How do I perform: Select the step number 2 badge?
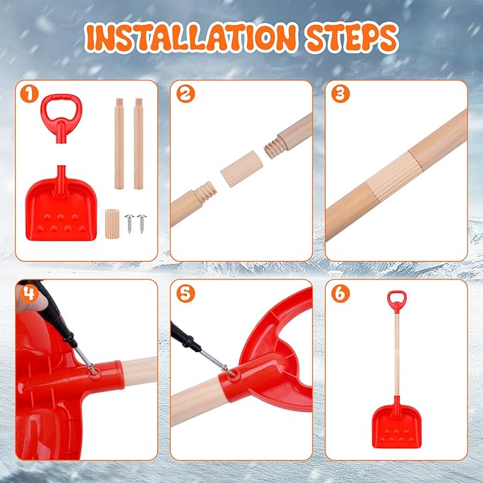coord(185,92)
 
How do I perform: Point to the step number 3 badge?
coord(340,92)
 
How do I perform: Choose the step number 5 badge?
coord(184,292)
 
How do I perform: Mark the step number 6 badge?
coord(340,292)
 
